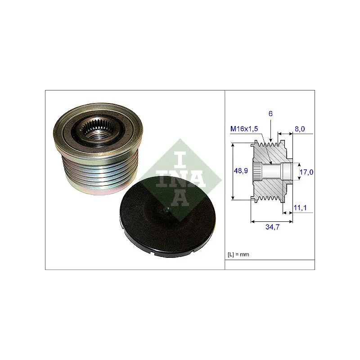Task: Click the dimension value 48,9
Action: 241,171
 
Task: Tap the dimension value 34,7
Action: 273,227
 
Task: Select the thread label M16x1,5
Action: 244,129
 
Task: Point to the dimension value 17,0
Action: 306,172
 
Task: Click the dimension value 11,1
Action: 300,208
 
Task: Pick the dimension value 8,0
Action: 300,129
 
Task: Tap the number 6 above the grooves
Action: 270,114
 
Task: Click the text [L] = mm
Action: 238,254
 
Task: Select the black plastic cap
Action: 167,217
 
